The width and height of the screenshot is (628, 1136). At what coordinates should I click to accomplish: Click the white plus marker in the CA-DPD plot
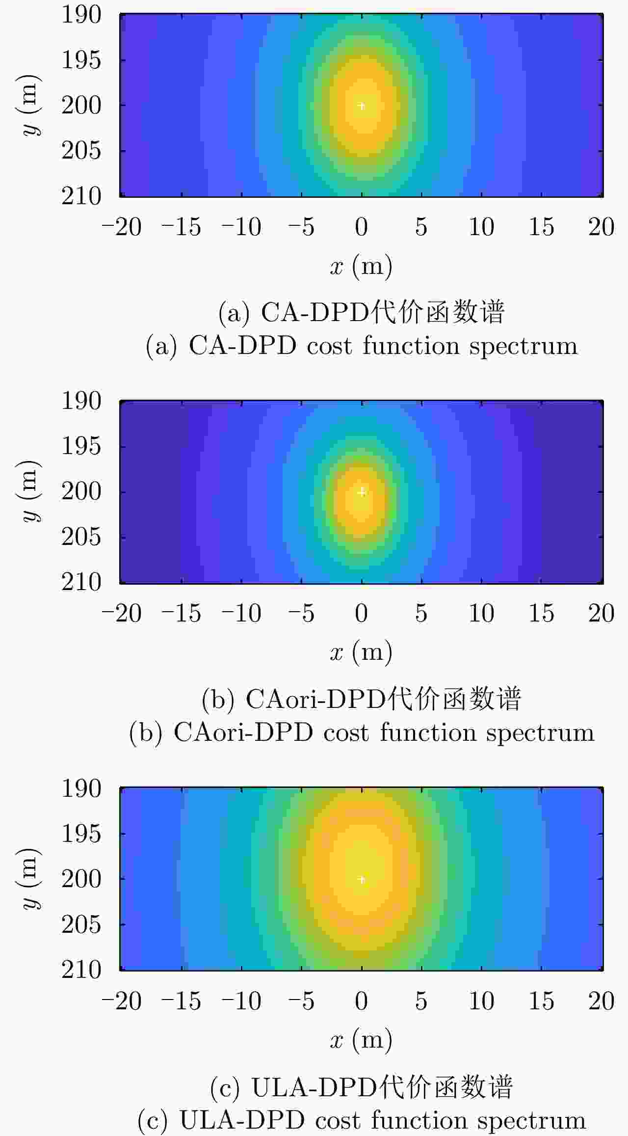tap(362, 106)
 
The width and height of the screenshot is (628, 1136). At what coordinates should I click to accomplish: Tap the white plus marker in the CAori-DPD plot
tap(362, 492)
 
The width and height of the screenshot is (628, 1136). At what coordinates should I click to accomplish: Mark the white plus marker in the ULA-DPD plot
tap(362, 879)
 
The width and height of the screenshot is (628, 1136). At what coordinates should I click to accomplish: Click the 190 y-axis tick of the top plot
tap(81, 15)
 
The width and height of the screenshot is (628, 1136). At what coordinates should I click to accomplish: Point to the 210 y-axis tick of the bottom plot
tap(81, 970)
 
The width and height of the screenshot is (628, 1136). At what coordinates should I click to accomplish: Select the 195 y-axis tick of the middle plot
tap(81, 446)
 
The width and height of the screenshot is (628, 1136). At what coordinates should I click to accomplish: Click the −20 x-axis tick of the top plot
tap(122, 227)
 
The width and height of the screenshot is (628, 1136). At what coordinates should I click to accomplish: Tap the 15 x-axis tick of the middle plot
tap(541, 614)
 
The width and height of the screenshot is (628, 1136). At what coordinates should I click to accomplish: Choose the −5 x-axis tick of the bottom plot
tap(302, 1001)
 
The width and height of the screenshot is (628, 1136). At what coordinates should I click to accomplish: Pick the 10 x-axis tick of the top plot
tap(481, 227)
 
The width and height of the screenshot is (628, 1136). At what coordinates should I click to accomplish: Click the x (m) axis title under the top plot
tap(361, 266)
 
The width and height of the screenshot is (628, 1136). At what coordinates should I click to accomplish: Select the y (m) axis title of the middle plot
tap(30, 491)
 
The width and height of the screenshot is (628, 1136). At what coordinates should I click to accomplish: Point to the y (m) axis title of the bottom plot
tap(30, 879)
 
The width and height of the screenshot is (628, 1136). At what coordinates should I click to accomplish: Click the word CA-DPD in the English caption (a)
tap(242, 346)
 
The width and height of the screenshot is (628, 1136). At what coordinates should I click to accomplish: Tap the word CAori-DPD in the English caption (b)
tap(243, 733)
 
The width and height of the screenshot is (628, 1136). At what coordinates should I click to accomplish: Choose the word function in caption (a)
tap(411, 346)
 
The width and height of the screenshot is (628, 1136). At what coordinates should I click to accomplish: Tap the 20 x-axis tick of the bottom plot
tap(601, 1001)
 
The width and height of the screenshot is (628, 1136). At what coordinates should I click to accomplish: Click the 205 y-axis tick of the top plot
tap(81, 151)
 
